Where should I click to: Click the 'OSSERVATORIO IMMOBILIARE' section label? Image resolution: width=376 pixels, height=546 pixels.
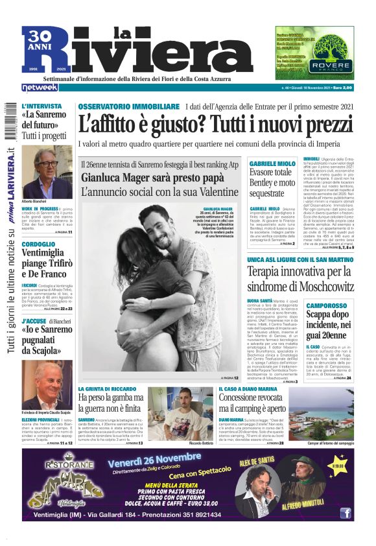tap(128, 106)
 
